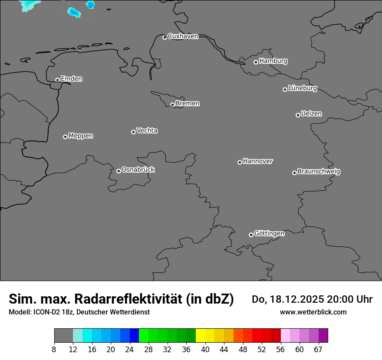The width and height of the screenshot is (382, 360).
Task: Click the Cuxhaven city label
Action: (183, 36)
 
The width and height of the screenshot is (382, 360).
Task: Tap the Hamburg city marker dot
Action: (256, 62)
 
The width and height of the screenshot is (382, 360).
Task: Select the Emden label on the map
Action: (71, 79)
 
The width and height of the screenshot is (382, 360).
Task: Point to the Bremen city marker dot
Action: (172, 105)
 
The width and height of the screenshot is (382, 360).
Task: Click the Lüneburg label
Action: (302, 88)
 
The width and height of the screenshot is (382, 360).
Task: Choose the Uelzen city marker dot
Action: (298, 115)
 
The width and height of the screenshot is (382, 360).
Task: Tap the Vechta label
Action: (147, 131)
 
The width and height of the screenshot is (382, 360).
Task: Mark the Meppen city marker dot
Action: (65, 137)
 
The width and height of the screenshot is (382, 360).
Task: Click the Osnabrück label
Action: (138, 170)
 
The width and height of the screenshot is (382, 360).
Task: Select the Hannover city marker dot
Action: (240, 162)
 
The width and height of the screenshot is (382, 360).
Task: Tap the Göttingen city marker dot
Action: (251, 235)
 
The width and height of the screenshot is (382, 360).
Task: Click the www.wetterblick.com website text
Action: (313, 312)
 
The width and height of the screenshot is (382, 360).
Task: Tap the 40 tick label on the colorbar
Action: (205, 350)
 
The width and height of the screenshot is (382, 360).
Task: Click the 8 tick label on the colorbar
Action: (54, 350)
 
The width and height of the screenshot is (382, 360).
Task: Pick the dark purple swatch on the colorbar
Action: (323, 336)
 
